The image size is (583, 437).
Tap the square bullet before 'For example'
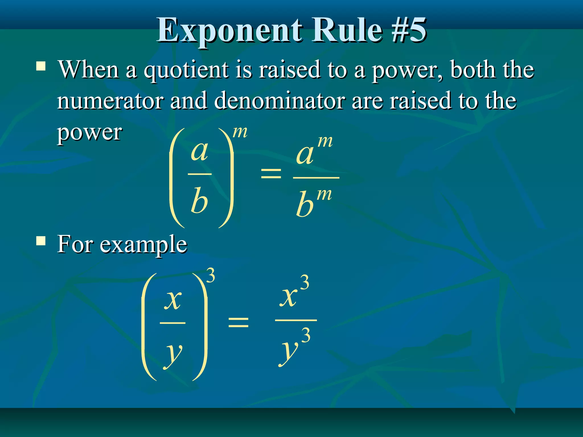tap(41, 241)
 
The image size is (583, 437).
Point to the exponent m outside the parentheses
tap(240, 132)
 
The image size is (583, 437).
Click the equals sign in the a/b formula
tap(271, 173)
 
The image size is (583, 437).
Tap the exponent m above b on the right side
tap(324, 195)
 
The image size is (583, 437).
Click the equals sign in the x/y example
tap(239, 322)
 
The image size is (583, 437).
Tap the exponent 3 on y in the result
tap(306, 335)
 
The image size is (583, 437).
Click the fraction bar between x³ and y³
tap(296, 320)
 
